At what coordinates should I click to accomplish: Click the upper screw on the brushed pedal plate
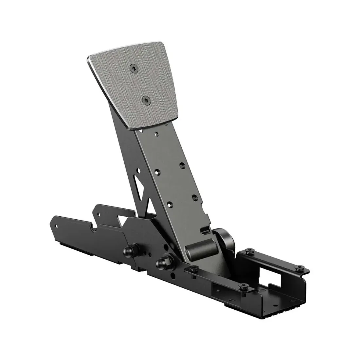pyautogui.click(x=133, y=67)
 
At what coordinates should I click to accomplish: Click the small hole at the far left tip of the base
pyautogui.click(x=57, y=226)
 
